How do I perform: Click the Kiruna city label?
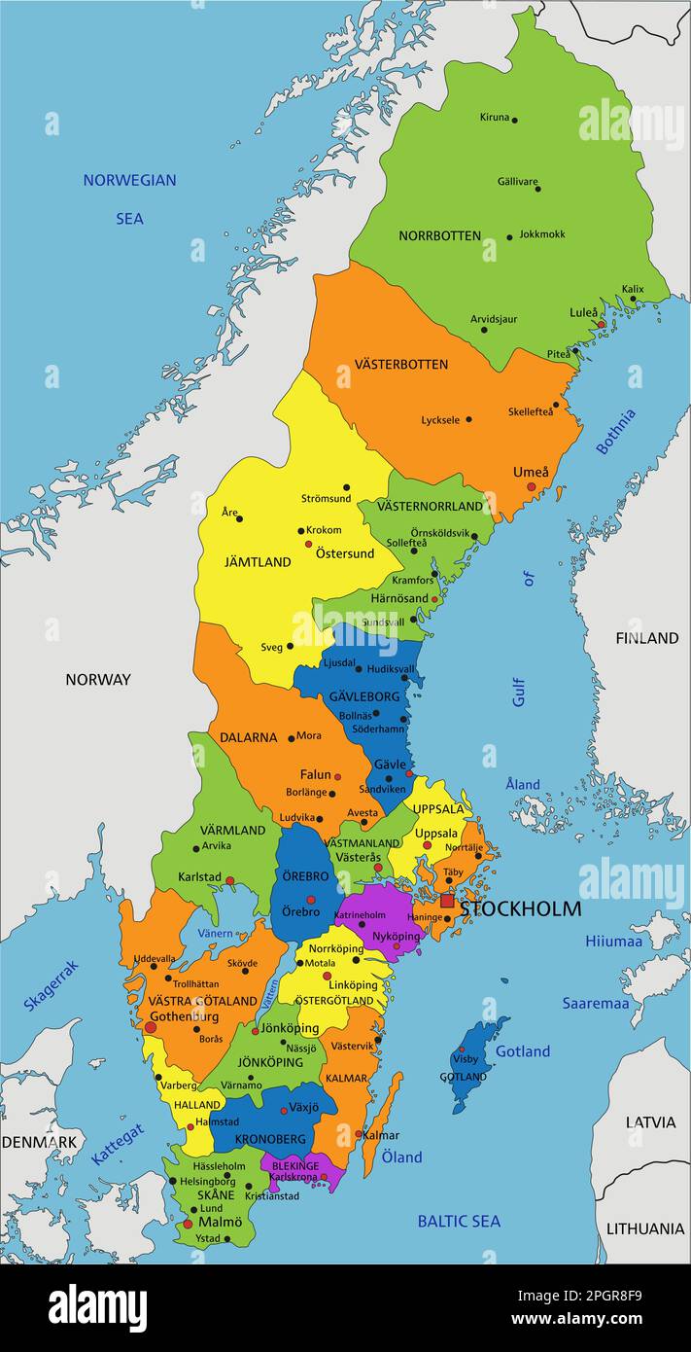494,118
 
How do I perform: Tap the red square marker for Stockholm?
447,901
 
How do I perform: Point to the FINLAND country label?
646,638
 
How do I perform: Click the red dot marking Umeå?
531,486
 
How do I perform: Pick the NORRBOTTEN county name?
439,235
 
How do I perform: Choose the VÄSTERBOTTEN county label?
400,364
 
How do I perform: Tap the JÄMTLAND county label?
258,562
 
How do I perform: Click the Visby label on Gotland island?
466,1059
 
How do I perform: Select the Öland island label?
401,1156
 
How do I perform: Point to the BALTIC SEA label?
459,1221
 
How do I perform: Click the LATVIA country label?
650,1121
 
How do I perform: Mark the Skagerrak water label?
51,985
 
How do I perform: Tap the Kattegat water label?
118,1145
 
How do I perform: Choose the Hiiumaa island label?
613,941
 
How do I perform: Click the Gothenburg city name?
183,1016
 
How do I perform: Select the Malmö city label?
220,1222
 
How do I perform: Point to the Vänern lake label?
215,934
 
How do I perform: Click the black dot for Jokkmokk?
510,235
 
